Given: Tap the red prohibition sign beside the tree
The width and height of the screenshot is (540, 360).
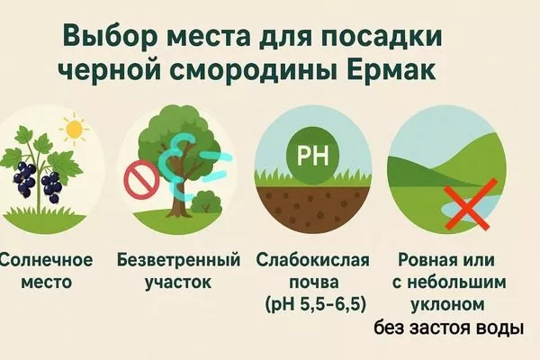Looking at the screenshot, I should pyautogui.click(x=140, y=180).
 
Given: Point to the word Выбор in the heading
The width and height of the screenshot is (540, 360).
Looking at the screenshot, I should pyautogui.click(x=104, y=37).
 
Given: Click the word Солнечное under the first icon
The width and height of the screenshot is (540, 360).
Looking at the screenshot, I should pyautogui.click(x=47, y=261).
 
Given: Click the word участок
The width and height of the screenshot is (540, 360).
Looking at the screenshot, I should pyautogui.click(x=179, y=282).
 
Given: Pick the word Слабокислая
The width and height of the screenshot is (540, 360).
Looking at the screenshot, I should pyautogui.click(x=313, y=261).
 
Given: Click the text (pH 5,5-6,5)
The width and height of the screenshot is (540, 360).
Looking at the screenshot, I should pyautogui.click(x=313, y=302).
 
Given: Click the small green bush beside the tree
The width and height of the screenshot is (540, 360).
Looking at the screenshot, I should pyautogui.click(x=209, y=201).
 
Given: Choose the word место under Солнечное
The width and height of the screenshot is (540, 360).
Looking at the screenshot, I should pyautogui.click(x=48, y=282).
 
